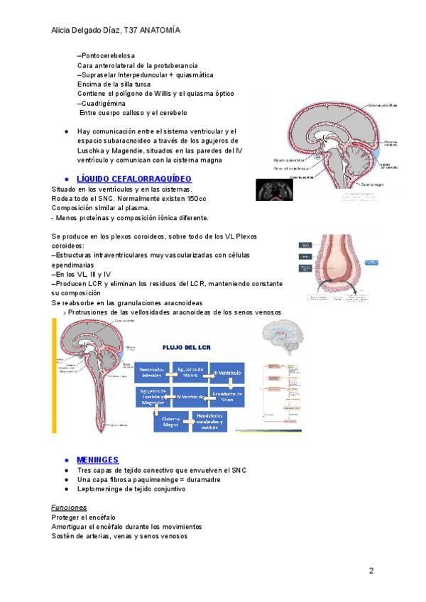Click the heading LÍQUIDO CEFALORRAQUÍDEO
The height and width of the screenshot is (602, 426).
[133, 178]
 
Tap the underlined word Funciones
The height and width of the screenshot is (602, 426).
[69, 508]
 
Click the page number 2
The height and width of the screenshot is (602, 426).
[371, 571]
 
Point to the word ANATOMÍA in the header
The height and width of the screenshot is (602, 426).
[160, 31]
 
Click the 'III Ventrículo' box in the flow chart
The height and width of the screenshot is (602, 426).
[225, 372]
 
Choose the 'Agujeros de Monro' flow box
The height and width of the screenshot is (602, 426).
[190, 372]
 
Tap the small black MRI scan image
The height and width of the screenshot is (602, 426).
[274, 190]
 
